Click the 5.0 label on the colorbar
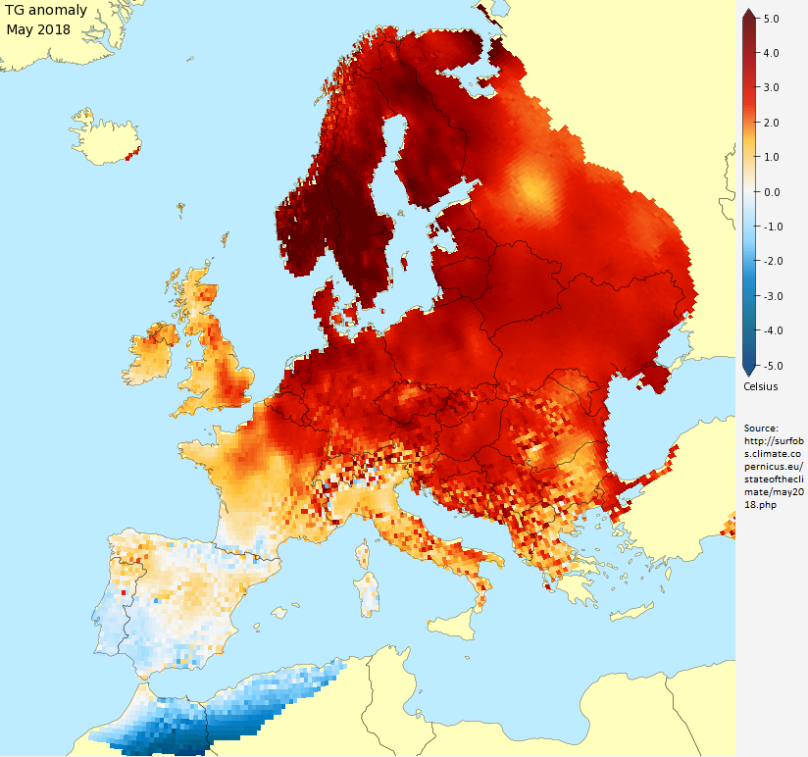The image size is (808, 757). pyautogui.click(x=771, y=19)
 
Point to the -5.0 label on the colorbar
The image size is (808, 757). pyautogui.click(x=770, y=366)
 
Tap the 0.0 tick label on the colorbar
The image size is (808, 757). pyautogui.click(x=771, y=192)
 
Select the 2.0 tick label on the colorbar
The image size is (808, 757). pyautogui.click(x=771, y=123)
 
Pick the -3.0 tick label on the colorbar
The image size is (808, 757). pyautogui.click(x=770, y=296)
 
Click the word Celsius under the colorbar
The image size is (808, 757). pyautogui.click(x=761, y=386)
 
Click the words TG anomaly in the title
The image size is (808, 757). pyautogui.click(x=46, y=12)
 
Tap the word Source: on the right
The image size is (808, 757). pyautogui.click(x=761, y=429)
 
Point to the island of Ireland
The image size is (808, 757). pyautogui.click(x=148, y=355)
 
